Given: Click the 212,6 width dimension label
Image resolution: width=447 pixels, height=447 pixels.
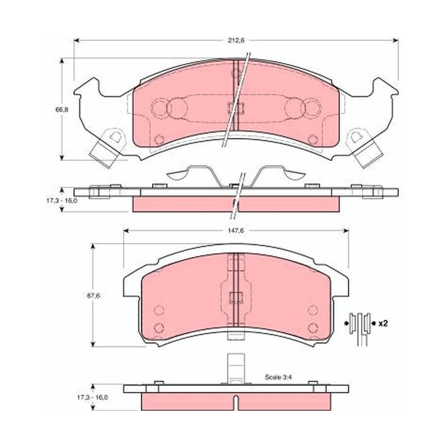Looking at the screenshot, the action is (236, 40).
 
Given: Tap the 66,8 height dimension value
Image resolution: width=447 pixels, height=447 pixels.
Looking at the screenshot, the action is (62, 109).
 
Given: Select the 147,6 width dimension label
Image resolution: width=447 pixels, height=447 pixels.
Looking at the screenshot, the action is (236, 231).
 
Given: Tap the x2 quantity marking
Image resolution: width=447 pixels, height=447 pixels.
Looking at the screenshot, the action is (383, 324).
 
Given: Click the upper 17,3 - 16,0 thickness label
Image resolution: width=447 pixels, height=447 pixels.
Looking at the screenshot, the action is (62, 200).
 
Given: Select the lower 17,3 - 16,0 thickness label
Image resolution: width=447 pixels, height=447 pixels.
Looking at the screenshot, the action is (92, 397).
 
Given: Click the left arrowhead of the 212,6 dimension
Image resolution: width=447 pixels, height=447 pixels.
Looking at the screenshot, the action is (77, 40).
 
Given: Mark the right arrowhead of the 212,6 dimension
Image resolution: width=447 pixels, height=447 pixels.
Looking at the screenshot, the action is (396, 40).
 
